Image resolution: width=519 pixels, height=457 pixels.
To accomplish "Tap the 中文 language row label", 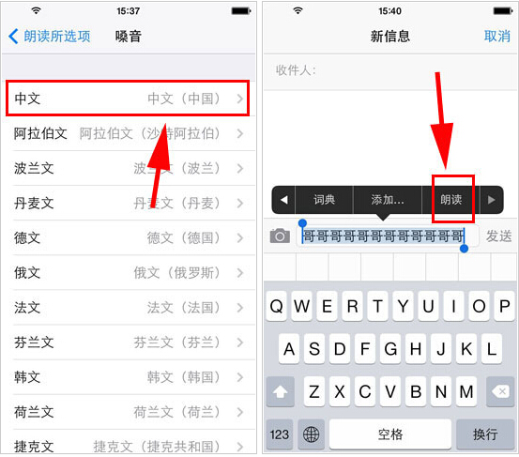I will [28, 99].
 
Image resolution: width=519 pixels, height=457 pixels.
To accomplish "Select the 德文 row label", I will [28, 238].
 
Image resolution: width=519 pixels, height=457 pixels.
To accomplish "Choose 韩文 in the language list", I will [28, 377].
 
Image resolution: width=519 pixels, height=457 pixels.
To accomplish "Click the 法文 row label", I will [28, 308].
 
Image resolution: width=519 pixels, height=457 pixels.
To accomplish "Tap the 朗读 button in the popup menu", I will [452, 200].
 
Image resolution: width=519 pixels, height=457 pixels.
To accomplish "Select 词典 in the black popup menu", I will [325, 200].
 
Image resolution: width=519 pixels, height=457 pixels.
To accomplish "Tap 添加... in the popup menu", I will [387, 200].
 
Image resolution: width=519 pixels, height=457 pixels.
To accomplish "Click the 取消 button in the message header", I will [496, 37].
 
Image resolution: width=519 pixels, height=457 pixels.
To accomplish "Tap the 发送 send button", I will [498, 236].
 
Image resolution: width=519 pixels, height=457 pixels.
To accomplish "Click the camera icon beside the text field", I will [280, 236].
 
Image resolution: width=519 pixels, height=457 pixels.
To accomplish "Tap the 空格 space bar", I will [389, 434].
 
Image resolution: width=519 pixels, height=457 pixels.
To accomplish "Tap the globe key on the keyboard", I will [310, 434].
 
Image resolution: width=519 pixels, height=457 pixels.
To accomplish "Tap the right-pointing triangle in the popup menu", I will [491, 200].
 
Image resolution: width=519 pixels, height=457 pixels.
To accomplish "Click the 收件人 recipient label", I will [296, 71].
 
